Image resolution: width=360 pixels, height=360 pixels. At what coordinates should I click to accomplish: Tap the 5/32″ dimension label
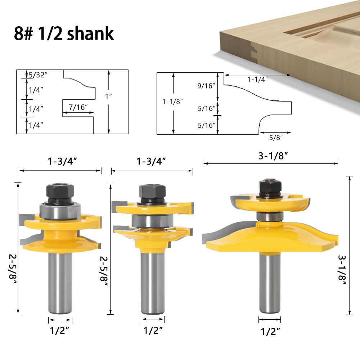click(x=38, y=75)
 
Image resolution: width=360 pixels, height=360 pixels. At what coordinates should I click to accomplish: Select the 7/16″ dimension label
click(x=78, y=107)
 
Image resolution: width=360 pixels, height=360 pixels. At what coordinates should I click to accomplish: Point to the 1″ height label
click(x=108, y=96)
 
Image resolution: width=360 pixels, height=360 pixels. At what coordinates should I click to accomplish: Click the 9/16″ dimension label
click(x=206, y=86)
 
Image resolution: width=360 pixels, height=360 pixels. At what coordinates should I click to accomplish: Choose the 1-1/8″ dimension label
click(x=172, y=102)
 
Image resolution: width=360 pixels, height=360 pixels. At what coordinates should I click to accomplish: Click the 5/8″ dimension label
click(x=276, y=138)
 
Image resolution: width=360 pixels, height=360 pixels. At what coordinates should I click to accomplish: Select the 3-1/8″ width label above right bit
click(x=273, y=156)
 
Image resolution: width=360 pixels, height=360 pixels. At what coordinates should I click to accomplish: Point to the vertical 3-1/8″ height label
click(x=342, y=270)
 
